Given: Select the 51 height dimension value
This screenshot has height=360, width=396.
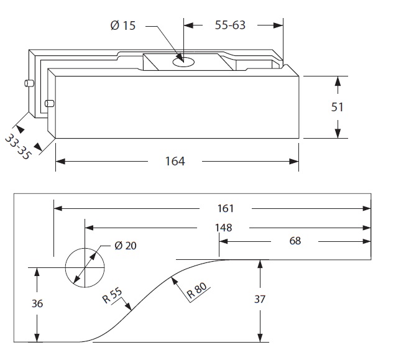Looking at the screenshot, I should (337, 107).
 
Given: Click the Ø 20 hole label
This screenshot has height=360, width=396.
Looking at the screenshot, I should (126, 245).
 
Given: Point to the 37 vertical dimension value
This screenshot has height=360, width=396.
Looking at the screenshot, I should (260, 299).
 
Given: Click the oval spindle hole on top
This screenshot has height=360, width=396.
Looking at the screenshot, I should (183, 61).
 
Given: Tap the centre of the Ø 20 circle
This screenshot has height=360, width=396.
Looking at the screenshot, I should (85, 268).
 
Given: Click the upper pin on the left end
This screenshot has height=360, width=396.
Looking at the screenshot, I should (27, 83).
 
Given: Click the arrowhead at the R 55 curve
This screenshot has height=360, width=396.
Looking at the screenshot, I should (130, 307).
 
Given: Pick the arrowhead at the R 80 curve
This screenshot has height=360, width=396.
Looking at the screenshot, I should (174, 281).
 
